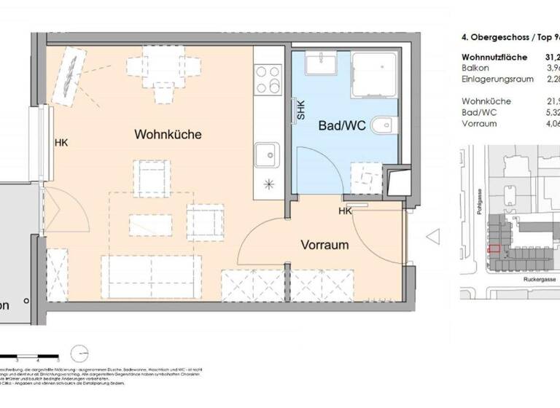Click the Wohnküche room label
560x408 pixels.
(168, 135)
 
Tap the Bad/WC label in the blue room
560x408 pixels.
(342, 125)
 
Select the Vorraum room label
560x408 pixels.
(324, 245)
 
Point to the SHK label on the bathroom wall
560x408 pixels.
(300, 110)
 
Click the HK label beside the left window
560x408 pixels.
(61, 143)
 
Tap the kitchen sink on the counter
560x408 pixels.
(267, 155)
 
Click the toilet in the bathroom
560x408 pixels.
(384, 127)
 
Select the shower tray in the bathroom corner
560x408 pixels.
(374, 73)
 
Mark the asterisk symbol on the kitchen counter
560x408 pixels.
(268, 185)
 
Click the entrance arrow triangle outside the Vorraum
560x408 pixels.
(432, 237)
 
